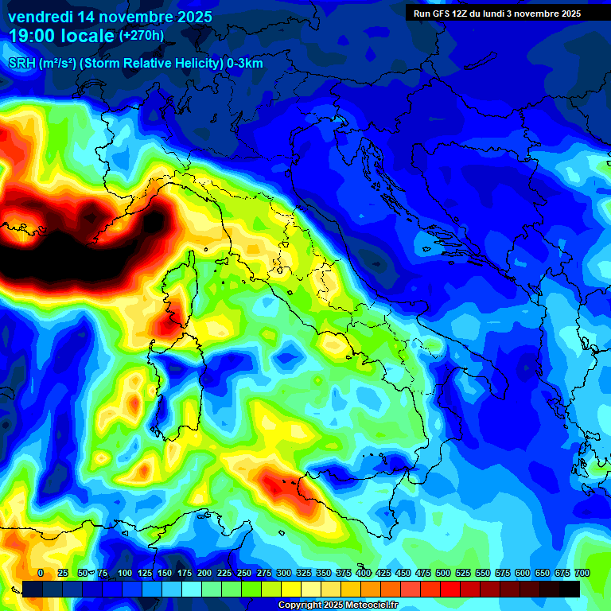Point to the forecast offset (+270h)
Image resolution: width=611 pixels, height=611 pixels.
[142, 36]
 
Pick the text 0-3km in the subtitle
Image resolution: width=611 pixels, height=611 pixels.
[243, 64]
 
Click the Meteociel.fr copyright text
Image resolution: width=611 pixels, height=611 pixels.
[337, 605]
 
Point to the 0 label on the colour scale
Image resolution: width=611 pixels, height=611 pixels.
[41, 573]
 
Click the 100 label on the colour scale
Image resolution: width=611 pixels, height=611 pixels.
[125, 573]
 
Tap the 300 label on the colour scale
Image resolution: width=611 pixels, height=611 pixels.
[284, 573]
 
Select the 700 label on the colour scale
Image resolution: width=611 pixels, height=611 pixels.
[582, 573]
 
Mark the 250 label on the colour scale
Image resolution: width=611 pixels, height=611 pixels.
[244, 573]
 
